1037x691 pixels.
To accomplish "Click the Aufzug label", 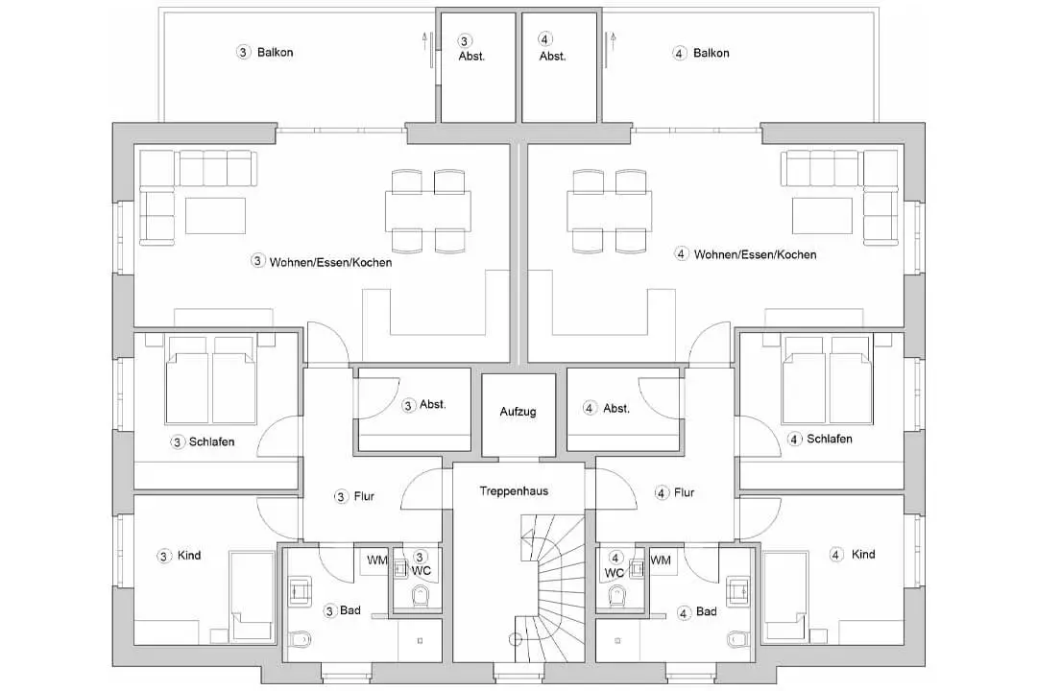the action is pyautogui.click(x=518, y=412).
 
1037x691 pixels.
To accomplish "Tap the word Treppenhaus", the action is pyautogui.click(x=514, y=491).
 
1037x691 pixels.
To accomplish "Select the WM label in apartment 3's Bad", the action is pyautogui.click(x=377, y=560).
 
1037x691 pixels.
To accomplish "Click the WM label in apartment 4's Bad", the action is pyautogui.click(x=660, y=560).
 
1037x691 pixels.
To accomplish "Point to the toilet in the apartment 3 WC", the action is pyautogui.click(x=421, y=596).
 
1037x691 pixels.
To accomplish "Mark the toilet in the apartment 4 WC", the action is pyautogui.click(x=616, y=596).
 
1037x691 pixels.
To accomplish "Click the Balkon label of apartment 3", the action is pyautogui.click(x=276, y=52).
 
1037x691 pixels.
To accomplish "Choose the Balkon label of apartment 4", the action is pyautogui.click(x=711, y=53).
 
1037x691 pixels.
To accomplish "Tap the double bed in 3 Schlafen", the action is pyautogui.click(x=211, y=380).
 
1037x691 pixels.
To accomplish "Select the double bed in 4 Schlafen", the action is pyautogui.click(x=826, y=379).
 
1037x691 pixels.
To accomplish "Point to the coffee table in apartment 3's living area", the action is pyautogui.click(x=216, y=216).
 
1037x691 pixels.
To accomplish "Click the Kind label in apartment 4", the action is pyautogui.click(x=863, y=554).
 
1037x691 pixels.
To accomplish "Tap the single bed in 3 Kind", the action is pyautogui.click(x=252, y=596).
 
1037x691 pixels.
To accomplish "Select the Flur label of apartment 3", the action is pyautogui.click(x=364, y=496).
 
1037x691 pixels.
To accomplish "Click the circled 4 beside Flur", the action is pyautogui.click(x=662, y=493).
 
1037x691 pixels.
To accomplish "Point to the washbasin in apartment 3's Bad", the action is pyautogui.click(x=301, y=590).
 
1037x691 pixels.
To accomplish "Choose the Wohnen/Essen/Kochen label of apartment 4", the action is pyautogui.click(x=756, y=254).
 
